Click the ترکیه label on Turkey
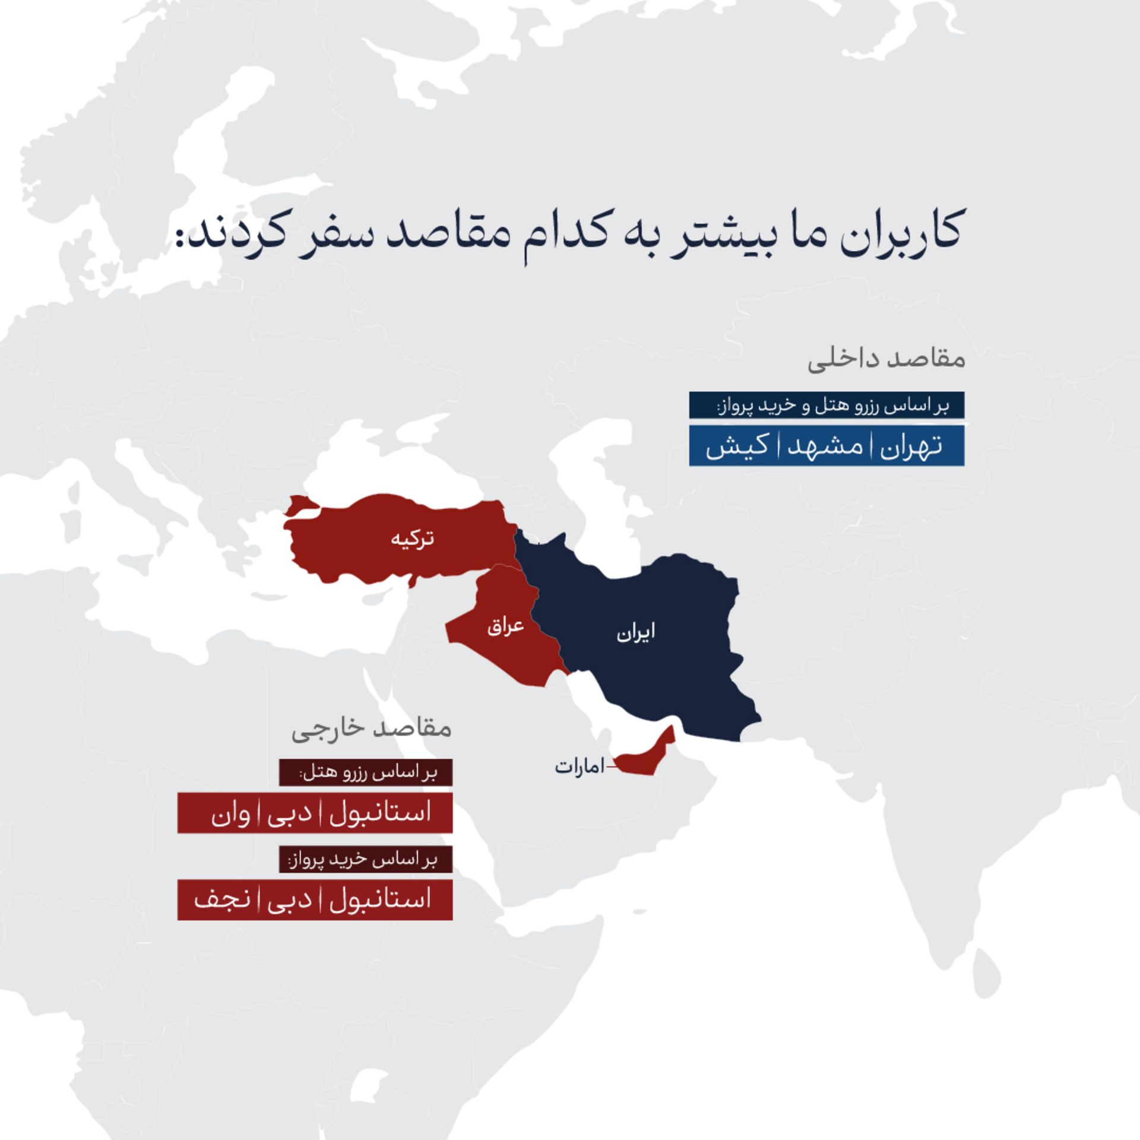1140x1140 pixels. click(412, 539)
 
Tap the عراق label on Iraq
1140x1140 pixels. click(505, 626)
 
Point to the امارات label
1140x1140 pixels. click(579, 767)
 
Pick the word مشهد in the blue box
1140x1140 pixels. click(825, 446)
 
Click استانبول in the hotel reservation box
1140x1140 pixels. click(380, 812)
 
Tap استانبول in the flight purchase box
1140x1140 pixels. click(380, 899)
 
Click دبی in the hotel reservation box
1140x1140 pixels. click(290, 813)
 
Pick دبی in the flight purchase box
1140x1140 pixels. click(290, 900)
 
